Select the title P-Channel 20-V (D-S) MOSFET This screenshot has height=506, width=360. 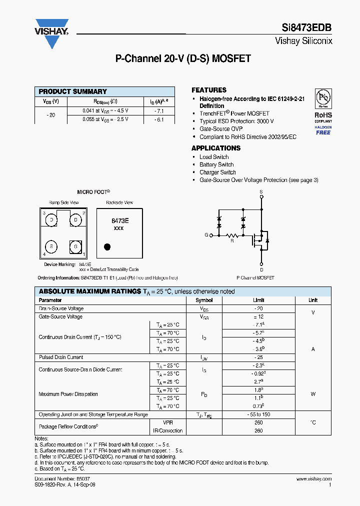[183, 58]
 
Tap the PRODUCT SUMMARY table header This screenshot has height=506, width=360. [73, 91]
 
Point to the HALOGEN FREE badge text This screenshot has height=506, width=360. [323, 130]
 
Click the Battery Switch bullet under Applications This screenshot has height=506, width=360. [216, 164]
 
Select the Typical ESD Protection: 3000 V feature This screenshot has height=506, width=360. [236, 121]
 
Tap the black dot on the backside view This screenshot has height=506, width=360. [106, 246]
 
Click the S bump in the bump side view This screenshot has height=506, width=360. [51, 246]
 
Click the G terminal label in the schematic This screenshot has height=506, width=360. [206, 234]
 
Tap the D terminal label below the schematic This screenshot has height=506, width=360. [261, 270]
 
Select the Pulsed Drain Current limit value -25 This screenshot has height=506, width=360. [258, 357]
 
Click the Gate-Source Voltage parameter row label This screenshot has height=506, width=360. [61, 316]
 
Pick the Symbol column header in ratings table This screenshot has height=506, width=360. [204, 300]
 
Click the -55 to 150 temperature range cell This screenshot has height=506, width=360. [258, 414]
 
